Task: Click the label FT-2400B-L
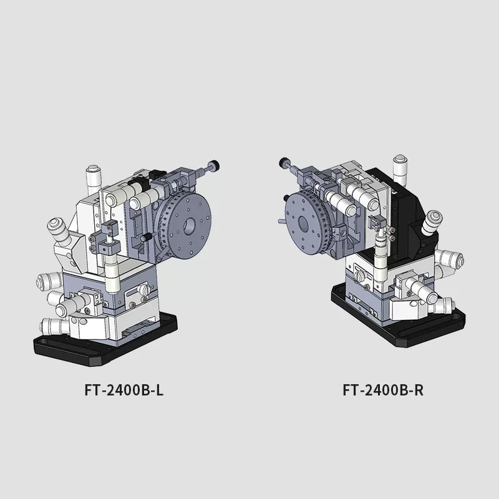point(124,390)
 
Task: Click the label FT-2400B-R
point(383,390)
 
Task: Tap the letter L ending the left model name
point(160,390)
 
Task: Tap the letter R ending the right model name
point(419,390)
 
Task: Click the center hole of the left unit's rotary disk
point(191,226)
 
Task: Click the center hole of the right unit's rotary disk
point(303,224)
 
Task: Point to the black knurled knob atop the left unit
point(215,165)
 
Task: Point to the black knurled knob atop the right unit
point(283,163)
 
